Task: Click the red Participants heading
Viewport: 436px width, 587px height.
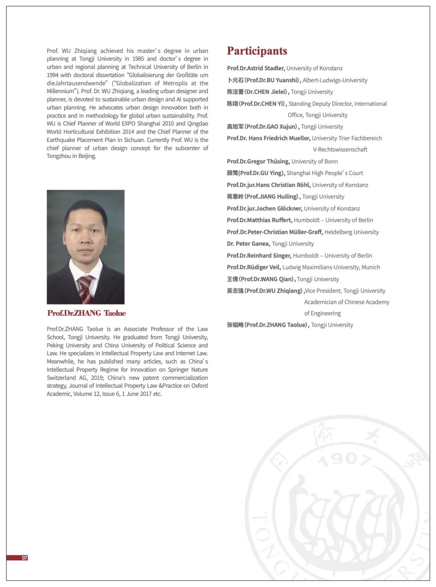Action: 257,51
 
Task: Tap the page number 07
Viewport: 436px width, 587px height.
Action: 25,558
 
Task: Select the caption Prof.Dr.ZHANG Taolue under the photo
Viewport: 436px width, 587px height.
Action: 86,313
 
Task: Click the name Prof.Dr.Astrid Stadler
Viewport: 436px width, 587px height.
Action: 256,68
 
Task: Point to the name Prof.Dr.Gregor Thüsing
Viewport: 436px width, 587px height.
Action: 258,161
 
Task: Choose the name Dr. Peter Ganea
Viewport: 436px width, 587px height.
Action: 248,244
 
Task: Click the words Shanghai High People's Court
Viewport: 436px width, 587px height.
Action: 325,173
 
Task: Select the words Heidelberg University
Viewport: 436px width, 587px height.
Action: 351,232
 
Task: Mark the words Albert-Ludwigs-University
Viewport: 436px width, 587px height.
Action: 335,80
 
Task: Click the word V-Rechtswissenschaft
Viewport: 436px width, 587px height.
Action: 340,150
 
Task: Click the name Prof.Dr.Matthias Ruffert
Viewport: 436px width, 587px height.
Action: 259,220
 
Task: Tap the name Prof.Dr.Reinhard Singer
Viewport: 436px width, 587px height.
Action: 259,256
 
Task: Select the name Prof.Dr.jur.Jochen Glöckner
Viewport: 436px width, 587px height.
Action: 264,209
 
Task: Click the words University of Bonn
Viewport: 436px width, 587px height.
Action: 314,161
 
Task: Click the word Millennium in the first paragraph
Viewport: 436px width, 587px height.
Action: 60,91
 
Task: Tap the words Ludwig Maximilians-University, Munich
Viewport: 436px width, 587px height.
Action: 331,267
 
